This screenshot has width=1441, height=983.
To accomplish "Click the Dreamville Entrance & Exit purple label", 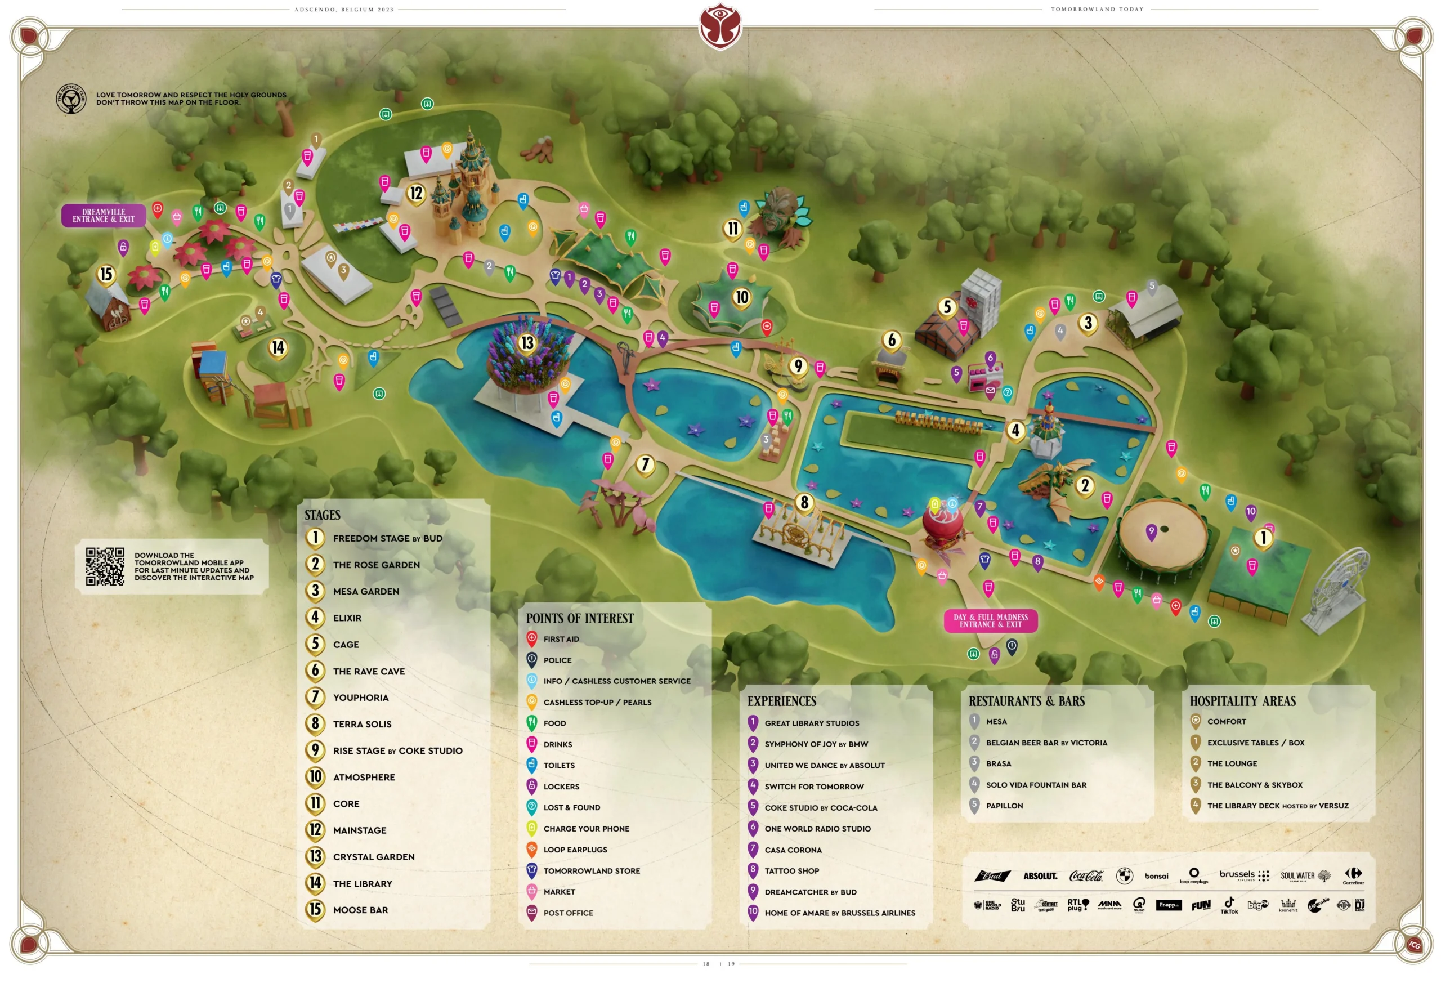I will pyautogui.click(x=104, y=215).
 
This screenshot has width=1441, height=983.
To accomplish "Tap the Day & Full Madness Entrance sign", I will pyautogui.click(x=990, y=620).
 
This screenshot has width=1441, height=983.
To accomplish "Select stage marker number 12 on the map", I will pyautogui.click(x=416, y=194).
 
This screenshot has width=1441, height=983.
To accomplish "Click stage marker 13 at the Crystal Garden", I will pyautogui.click(x=527, y=342).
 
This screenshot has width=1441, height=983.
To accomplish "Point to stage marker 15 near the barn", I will pyautogui.click(x=106, y=274).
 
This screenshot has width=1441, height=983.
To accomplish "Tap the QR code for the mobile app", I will pyautogui.click(x=105, y=566).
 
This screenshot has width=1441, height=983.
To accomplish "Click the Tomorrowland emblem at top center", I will pyautogui.click(x=720, y=26).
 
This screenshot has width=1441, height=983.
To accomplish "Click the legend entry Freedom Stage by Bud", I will pyautogui.click(x=387, y=538).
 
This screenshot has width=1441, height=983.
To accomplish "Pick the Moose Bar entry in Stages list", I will pyautogui.click(x=360, y=910).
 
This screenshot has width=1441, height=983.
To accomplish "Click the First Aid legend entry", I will pyautogui.click(x=561, y=639).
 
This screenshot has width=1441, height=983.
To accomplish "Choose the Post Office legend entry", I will pyautogui.click(x=567, y=913).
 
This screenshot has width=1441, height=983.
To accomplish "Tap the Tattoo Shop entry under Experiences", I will pyautogui.click(x=791, y=871).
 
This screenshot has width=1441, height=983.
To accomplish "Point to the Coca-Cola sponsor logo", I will pyautogui.click(x=1086, y=875).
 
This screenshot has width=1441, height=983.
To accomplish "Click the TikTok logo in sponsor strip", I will pyautogui.click(x=1228, y=905).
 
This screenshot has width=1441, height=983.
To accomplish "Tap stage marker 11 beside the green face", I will pyautogui.click(x=732, y=228).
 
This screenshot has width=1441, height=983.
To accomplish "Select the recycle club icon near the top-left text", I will pyautogui.click(x=71, y=99).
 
